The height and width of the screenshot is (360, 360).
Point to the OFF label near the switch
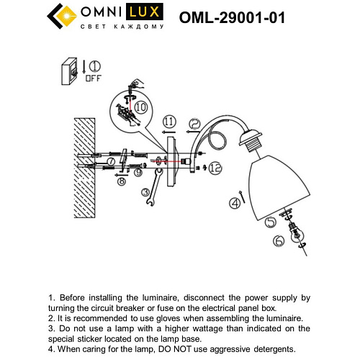94,78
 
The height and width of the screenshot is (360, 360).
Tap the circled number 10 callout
142,107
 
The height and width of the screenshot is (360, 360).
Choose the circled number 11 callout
168,120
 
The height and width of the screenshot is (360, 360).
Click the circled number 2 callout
194,125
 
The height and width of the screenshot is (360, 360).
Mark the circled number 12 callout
216,167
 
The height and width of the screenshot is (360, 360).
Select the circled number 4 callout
234,204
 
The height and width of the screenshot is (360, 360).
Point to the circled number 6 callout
277,242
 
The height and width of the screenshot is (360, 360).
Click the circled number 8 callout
122,181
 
